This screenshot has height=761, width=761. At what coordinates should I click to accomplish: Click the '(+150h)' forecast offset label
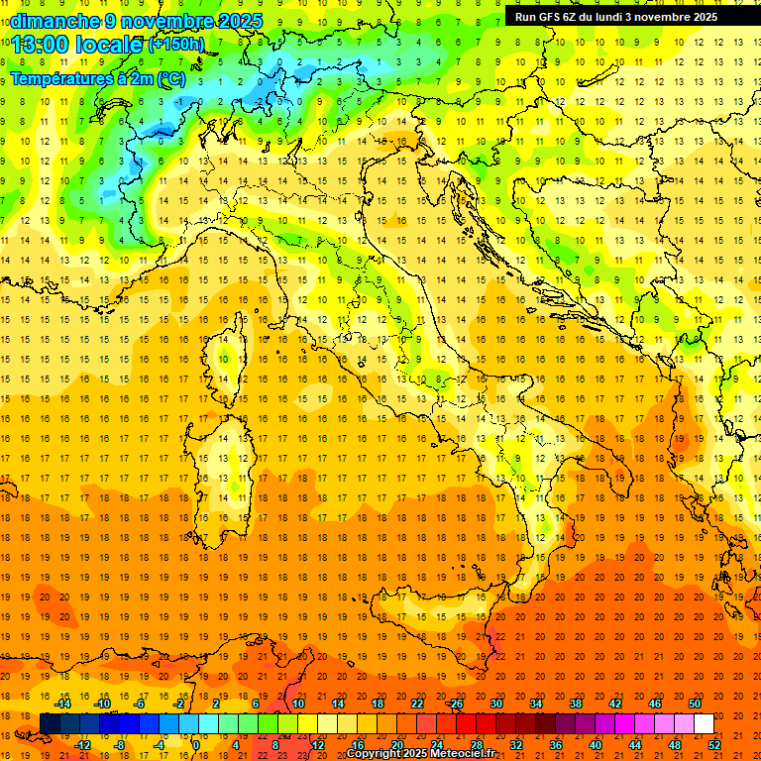coord(177,44)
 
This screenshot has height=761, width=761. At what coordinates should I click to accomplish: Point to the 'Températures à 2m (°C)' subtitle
coord(98,78)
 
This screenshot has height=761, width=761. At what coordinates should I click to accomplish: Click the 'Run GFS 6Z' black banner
coord(624,17)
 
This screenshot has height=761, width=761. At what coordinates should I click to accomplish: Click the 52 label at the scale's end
coord(714,744)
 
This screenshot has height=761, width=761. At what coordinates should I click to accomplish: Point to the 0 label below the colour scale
coord(196,744)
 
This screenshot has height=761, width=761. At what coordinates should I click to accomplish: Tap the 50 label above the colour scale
coord(695,704)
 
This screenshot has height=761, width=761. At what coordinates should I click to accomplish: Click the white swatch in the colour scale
coord(704,724)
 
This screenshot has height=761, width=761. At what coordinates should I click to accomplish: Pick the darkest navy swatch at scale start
coord(50,724)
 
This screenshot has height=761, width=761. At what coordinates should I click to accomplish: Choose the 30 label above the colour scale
coord(496,704)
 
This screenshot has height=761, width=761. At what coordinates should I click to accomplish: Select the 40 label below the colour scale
coord(596,744)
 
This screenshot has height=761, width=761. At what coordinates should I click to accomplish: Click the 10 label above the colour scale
coord(298,704)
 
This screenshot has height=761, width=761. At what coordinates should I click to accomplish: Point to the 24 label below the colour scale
coord(437,744)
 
